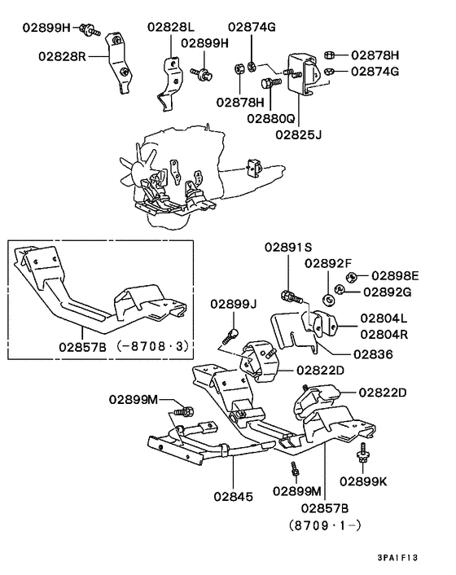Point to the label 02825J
pos(298,133)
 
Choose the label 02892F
pos(329,263)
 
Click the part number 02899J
pos(233,304)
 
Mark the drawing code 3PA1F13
pos(398,559)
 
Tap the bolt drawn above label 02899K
pos(362,452)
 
